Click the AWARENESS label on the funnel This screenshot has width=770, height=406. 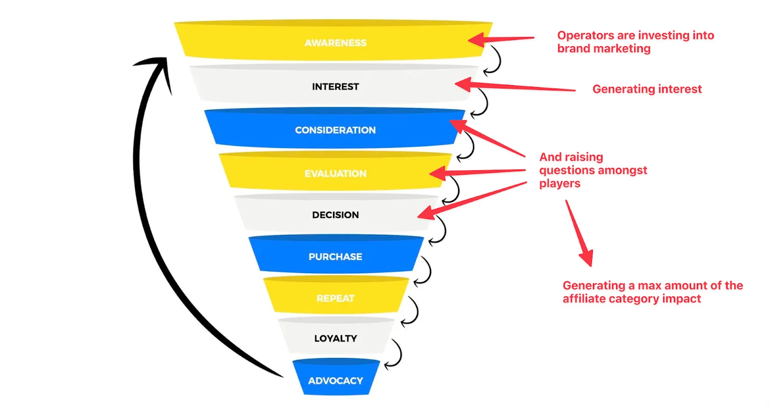[335, 43]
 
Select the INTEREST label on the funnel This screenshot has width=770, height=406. [335, 87]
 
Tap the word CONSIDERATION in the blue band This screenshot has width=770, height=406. [335, 130]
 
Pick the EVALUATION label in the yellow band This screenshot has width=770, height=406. [335, 173]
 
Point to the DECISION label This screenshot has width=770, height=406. [335, 215]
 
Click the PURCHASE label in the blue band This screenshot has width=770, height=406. [335, 256]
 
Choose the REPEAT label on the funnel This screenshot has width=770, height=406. [335, 298]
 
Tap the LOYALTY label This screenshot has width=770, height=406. [335, 338]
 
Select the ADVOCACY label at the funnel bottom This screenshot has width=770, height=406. [335, 381]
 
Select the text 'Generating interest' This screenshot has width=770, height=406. [647, 89]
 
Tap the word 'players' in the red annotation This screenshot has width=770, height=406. [560, 183]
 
